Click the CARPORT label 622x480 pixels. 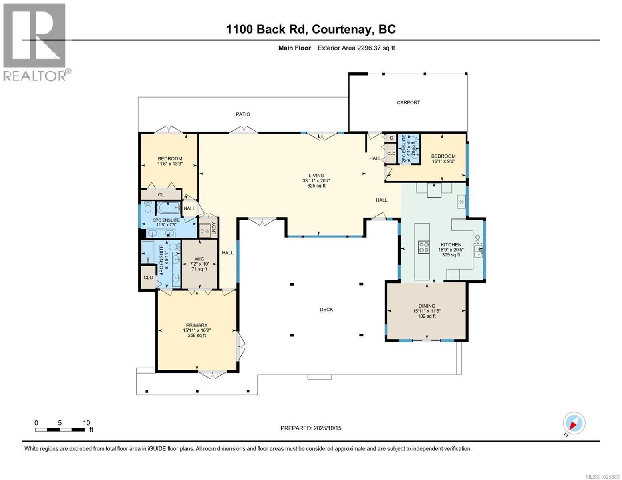[x=408, y=102]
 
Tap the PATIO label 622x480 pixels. [x=243, y=114]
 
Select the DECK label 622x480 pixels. [x=326, y=309]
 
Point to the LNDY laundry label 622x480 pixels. [x=214, y=228]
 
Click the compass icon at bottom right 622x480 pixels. [x=574, y=423]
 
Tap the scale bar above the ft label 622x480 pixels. [x=60, y=430]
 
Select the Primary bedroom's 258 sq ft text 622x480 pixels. [x=197, y=336]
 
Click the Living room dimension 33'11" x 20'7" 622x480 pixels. [x=316, y=180]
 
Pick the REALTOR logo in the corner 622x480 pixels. [x=35, y=42]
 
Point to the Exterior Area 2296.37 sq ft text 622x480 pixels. [x=356, y=48]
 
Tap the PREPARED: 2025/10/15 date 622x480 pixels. [x=311, y=428]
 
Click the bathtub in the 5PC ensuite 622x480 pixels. [x=168, y=208]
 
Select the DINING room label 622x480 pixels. [x=427, y=306]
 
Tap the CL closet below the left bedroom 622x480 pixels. [x=161, y=195]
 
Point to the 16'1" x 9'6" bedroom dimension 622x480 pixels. [x=443, y=162]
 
